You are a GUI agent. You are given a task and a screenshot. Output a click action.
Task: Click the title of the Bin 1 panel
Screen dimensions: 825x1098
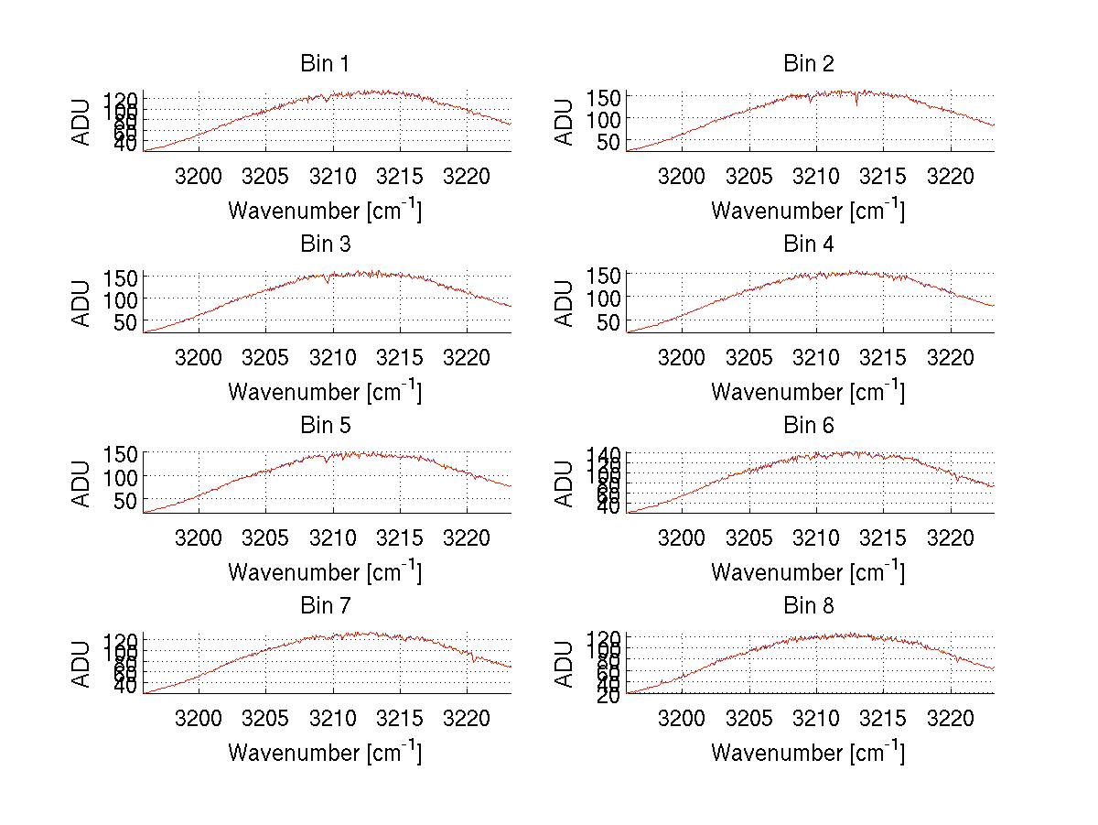click(325, 64)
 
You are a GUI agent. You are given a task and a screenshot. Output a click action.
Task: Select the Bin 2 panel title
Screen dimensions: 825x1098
click(809, 64)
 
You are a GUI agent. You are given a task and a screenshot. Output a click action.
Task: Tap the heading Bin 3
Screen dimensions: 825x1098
click(325, 244)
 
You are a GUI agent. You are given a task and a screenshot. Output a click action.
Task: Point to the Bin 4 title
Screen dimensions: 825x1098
click(809, 244)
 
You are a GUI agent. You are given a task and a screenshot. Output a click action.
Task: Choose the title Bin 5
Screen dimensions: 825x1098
click(325, 426)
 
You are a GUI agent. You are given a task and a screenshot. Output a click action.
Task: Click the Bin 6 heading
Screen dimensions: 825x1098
click(809, 426)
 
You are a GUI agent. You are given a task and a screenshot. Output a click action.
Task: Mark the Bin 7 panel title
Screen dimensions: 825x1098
click(325, 606)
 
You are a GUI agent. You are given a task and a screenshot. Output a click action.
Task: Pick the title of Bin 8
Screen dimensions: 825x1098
click(809, 606)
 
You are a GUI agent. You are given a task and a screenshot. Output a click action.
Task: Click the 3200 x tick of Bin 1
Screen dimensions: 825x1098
click(199, 176)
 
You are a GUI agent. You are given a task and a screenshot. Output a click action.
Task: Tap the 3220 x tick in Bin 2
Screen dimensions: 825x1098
click(951, 176)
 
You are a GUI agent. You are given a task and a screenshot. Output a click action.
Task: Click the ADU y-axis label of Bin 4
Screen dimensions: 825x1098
click(565, 302)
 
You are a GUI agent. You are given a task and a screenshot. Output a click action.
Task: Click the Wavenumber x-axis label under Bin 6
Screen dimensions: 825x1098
click(809, 572)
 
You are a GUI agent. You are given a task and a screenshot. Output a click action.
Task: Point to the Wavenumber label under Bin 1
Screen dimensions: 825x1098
click(325, 211)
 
